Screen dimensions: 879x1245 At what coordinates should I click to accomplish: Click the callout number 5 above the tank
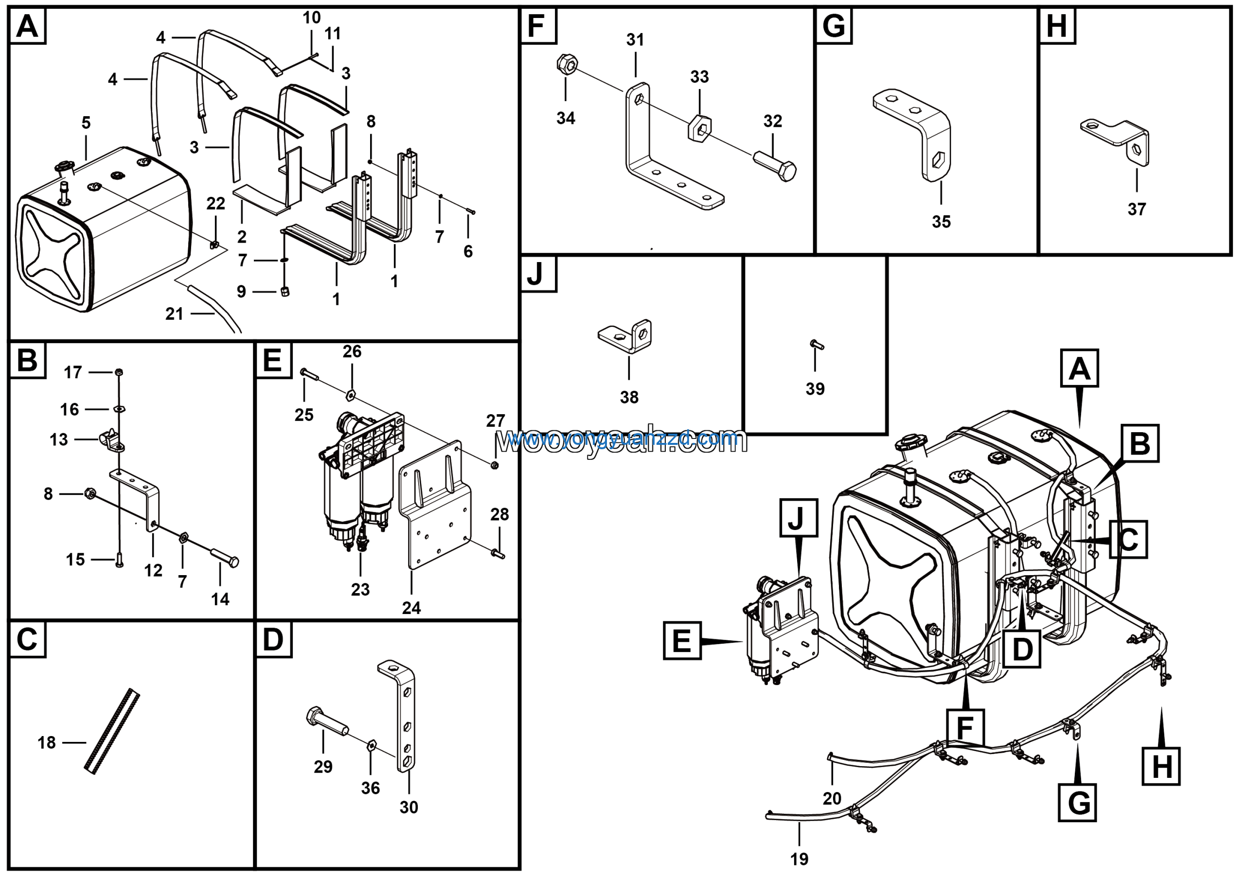point(86,123)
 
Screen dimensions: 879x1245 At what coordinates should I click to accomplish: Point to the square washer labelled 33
point(699,128)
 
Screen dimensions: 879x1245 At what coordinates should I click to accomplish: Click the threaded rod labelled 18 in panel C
point(112,732)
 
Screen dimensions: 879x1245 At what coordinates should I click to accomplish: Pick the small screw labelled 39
point(817,344)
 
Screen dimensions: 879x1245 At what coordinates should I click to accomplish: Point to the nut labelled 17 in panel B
point(119,372)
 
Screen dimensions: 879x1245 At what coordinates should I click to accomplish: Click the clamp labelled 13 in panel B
point(112,440)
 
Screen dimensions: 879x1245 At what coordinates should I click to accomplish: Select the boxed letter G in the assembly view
point(1077,803)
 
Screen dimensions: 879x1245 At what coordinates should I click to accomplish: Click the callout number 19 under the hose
point(799,859)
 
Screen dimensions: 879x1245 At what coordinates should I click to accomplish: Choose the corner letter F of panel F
point(536,26)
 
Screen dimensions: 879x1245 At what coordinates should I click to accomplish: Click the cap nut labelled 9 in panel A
point(285,292)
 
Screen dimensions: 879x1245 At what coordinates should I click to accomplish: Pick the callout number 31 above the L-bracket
point(635,39)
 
